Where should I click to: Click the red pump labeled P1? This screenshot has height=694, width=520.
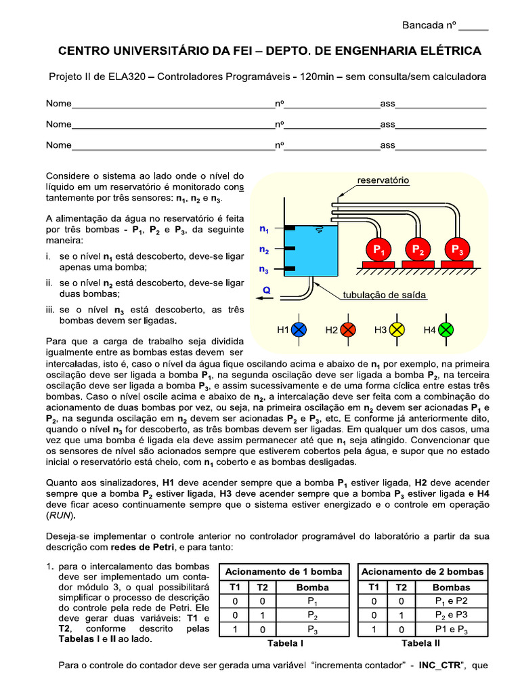(380, 250)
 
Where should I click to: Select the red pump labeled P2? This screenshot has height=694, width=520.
(418, 250)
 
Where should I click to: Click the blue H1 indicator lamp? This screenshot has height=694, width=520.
(299, 330)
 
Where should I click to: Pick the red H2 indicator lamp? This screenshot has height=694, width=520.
(347, 330)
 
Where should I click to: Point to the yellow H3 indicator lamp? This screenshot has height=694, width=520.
(397, 330)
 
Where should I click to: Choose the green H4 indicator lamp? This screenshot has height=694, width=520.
(446, 330)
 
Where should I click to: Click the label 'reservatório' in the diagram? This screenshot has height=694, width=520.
(383, 181)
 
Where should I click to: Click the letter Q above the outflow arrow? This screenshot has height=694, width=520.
(266, 289)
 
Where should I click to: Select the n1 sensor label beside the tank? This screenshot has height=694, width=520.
(264, 229)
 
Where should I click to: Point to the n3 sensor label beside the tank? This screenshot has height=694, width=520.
(264, 269)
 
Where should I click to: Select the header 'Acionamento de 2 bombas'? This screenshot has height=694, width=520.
(423, 571)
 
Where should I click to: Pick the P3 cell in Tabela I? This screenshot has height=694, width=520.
(312, 630)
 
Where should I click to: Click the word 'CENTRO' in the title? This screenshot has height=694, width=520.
(81, 51)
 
